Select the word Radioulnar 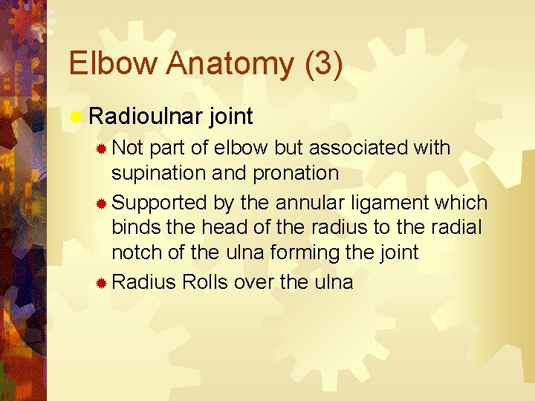pos(146,116)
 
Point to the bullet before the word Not pos(102,149)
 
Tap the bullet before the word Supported pos(102,203)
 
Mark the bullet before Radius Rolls pos(102,284)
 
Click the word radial pos(455,227)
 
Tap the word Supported pos(161,203)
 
